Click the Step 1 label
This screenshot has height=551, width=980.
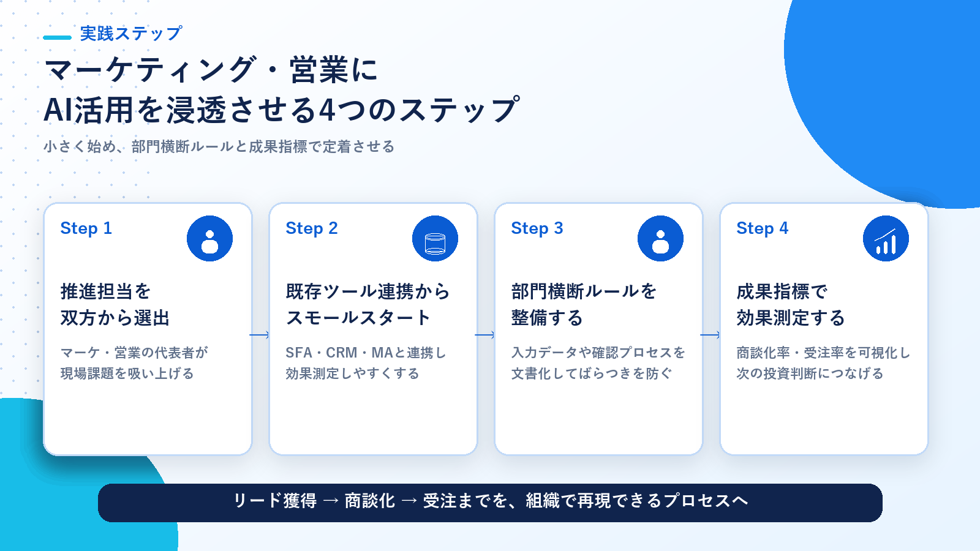(x=86, y=228)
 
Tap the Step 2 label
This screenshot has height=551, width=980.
(x=312, y=228)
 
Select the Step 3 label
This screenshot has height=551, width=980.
(x=537, y=228)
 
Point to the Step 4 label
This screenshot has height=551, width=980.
(x=762, y=228)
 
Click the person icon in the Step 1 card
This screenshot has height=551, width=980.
(x=209, y=238)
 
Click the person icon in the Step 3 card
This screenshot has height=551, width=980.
(x=660, y=238)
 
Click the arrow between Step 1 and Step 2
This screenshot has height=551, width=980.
(x=260, y=335)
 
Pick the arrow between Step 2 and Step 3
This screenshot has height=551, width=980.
(x=484, y=335)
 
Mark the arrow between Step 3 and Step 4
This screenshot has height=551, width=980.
(x=710, y=335)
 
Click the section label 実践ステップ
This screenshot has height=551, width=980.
(x=131, y=34)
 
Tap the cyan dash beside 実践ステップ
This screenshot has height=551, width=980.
(x=58, y=37)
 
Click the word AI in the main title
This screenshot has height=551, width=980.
(x=58, y=110)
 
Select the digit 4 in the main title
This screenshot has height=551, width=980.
(x=327, y=110)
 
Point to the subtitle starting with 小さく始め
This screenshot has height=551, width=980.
(x=219, y=146)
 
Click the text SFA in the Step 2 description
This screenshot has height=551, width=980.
(x=299, y=353)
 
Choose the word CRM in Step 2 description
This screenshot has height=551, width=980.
(x=342, y=353)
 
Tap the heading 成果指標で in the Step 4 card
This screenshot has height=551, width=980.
(x=782, y=291)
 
